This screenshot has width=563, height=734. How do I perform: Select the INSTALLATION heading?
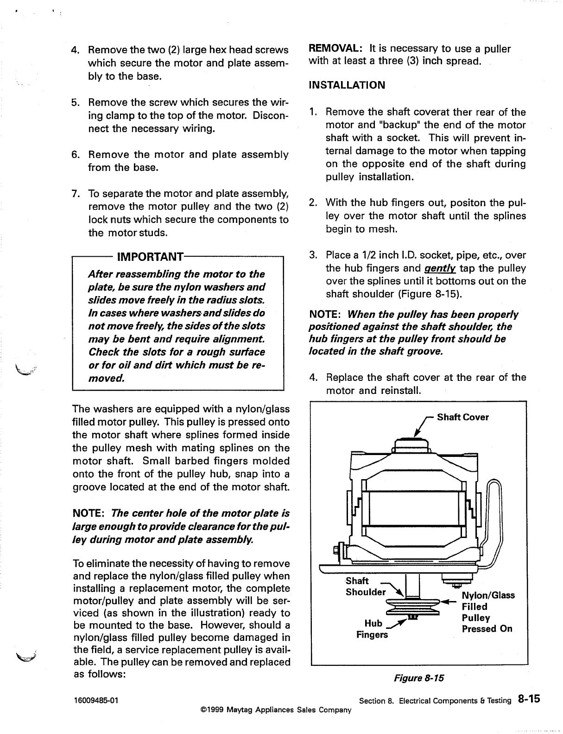347,85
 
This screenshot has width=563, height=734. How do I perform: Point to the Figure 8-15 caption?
418,678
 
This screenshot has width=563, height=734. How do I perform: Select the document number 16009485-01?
95,700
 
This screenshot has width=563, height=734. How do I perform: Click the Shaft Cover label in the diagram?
462,417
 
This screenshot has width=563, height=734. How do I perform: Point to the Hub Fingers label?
373,628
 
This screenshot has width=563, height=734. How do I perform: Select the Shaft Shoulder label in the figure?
365,587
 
